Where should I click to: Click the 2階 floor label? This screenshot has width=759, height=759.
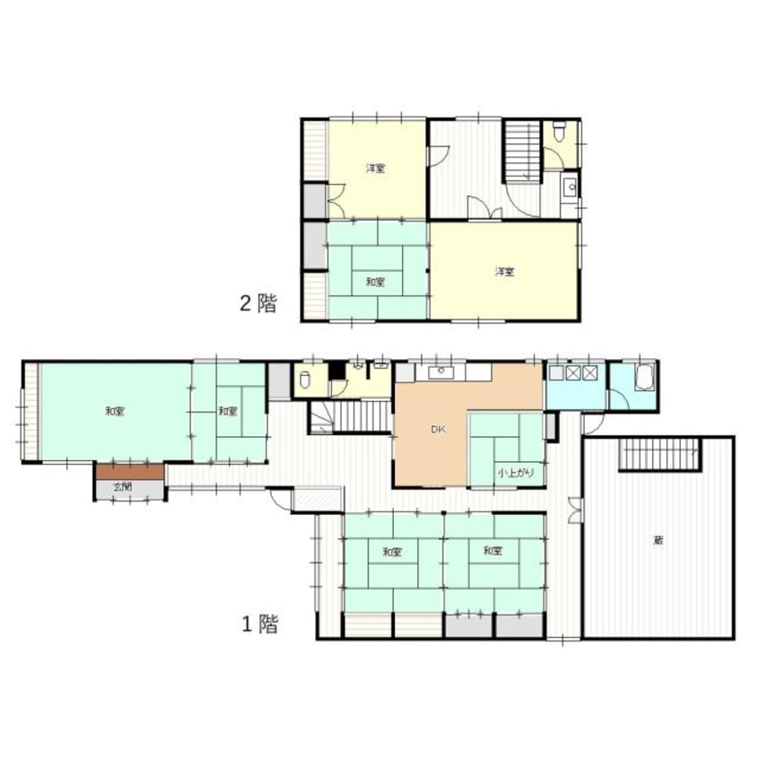[x=257, y=302]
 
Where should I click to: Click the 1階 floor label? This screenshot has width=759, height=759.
[x=257, y=624]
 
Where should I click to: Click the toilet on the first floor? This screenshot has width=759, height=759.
[x=305, y=379]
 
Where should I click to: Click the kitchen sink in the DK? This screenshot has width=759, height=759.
[x=441, y=372]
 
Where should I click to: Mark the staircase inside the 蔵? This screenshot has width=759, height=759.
[x=660, y=455]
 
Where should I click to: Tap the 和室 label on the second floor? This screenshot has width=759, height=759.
[x=375, y=282]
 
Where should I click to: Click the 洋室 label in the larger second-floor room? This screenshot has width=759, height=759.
[x=503, y=272]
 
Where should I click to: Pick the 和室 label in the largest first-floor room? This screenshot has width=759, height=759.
[x=114, y=411]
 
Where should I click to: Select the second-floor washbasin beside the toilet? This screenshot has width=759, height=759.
[x=568, y=188]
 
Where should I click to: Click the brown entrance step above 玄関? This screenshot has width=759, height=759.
[x=129, y=471]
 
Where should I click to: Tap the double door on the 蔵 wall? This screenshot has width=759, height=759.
[x=575, y=510]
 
